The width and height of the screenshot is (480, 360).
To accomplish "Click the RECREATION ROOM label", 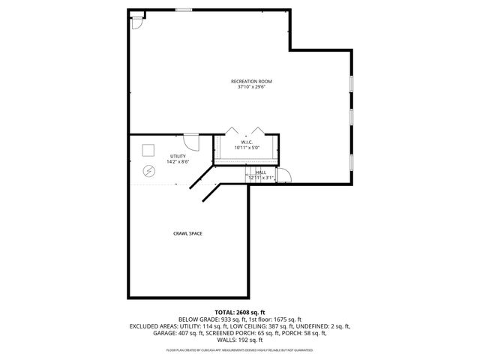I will (251, 80).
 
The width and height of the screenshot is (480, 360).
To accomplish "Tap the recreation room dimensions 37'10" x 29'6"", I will (251, 86).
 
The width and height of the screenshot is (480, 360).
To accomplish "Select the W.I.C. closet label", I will (247, 142).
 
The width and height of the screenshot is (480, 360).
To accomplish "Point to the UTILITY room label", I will (177, 156).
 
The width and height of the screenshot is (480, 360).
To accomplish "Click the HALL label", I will (261, 172).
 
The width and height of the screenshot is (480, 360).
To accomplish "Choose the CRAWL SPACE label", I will (187, 233).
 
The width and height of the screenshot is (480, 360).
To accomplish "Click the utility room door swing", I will (191, 142).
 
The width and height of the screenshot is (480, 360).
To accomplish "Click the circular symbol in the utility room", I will (149, 171).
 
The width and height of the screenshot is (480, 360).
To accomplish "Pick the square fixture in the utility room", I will (148, 148).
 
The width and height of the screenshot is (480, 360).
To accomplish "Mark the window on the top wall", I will (184, 10).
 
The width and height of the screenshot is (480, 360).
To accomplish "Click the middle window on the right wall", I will (352, 117).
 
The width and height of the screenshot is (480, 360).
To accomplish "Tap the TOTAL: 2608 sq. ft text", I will (240, 311).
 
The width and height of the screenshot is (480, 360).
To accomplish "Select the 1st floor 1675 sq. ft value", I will (280, 319).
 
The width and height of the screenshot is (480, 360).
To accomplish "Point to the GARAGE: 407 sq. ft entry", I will (172, 333).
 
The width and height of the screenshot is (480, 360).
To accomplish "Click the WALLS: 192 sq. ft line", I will (240, 340).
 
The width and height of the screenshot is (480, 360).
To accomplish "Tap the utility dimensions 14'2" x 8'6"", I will (177, 162).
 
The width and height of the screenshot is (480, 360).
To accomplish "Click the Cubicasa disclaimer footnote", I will (240, 349).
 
